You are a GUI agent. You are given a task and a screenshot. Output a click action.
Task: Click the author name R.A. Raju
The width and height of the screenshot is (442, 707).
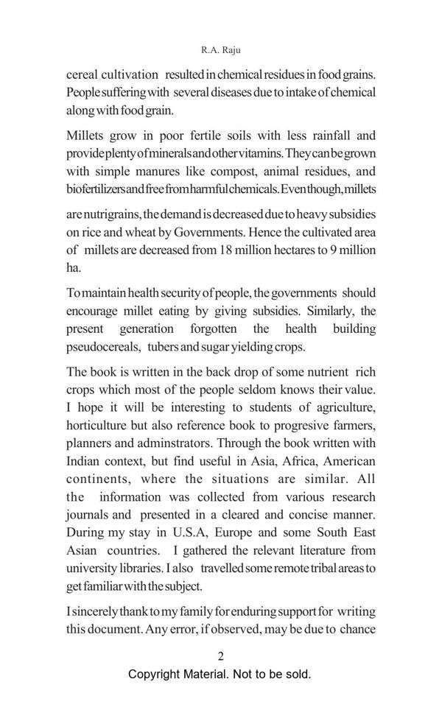tap(220, 51)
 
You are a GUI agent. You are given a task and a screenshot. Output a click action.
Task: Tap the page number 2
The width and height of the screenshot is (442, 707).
tap(220, 656)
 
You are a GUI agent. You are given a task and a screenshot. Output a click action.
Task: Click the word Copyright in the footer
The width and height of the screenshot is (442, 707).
tap(156, 674)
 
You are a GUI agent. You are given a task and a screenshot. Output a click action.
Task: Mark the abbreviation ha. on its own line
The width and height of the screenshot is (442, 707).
tap(74, 267)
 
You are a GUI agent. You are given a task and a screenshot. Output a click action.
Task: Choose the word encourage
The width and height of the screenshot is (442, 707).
tap(96, 311)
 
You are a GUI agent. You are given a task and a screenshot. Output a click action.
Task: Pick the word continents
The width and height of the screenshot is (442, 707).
tap(100, 479)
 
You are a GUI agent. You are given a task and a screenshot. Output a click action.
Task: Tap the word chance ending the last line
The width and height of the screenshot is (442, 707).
tap(357, 629)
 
